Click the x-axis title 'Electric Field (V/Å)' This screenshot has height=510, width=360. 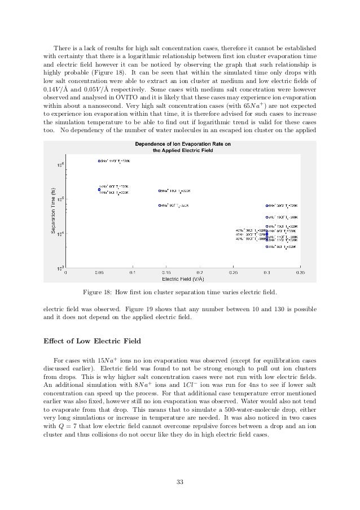[x=181, y=278]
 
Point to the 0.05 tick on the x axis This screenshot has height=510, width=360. [x=98, y=272]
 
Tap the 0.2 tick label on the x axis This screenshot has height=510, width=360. [x=199, y=272]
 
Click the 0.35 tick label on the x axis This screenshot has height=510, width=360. [x=300, y=272]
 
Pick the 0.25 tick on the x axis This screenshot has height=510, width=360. [x=232, y=272]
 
